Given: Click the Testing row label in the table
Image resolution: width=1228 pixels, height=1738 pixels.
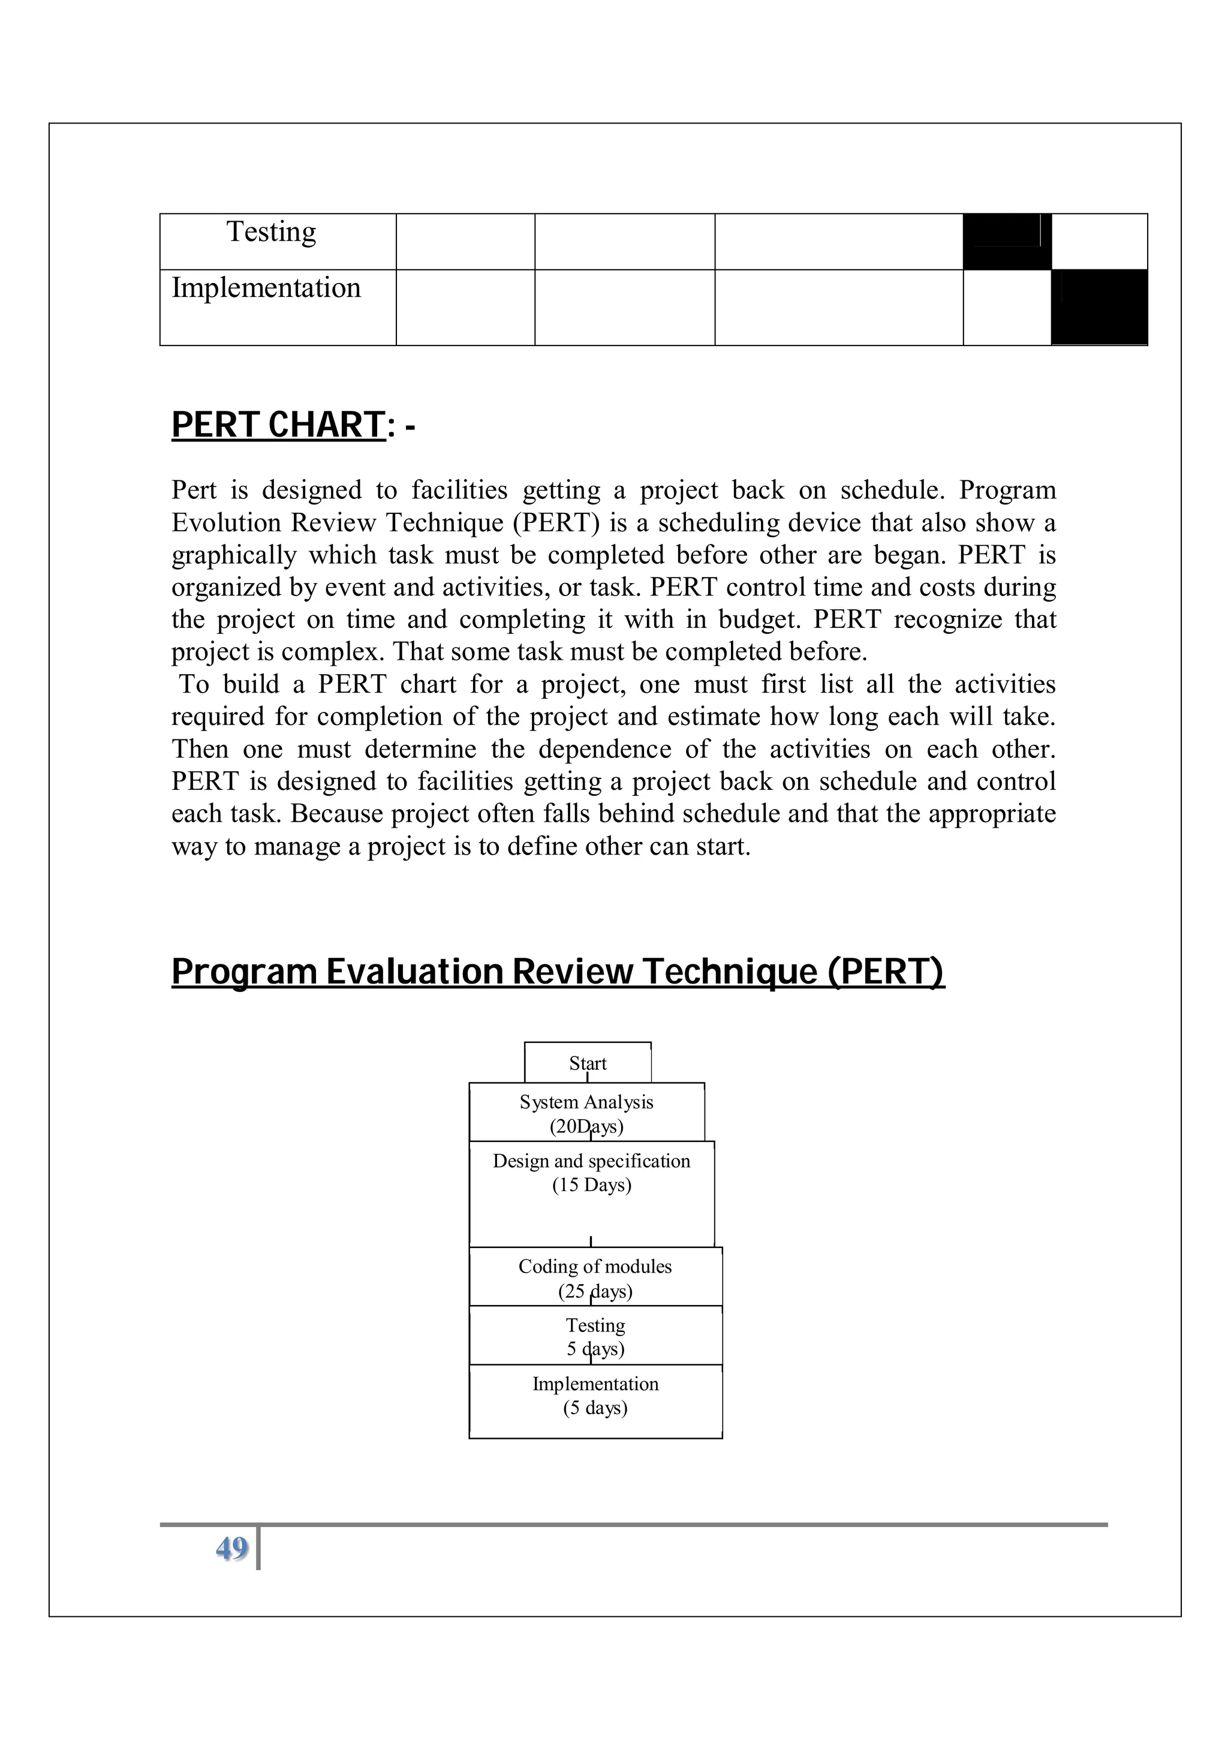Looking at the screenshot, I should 271,232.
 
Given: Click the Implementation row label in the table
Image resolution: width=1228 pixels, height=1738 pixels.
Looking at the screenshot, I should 266,288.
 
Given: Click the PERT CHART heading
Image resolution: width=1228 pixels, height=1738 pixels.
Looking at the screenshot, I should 278,425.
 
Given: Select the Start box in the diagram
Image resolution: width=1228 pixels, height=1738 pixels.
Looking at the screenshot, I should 587,1063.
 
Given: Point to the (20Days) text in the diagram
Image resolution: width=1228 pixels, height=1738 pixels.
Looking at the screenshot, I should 586,1127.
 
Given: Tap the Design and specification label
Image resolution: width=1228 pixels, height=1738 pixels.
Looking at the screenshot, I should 591,1161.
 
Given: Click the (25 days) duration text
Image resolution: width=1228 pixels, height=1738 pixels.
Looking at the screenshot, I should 595,1291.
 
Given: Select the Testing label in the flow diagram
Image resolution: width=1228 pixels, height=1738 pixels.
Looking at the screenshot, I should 595,1325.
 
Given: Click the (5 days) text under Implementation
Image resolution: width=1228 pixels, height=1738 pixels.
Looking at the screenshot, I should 595,1408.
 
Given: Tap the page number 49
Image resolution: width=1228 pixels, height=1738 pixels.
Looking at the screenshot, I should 231,1548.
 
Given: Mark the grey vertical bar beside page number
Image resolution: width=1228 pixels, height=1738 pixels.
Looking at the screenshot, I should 258,1548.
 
